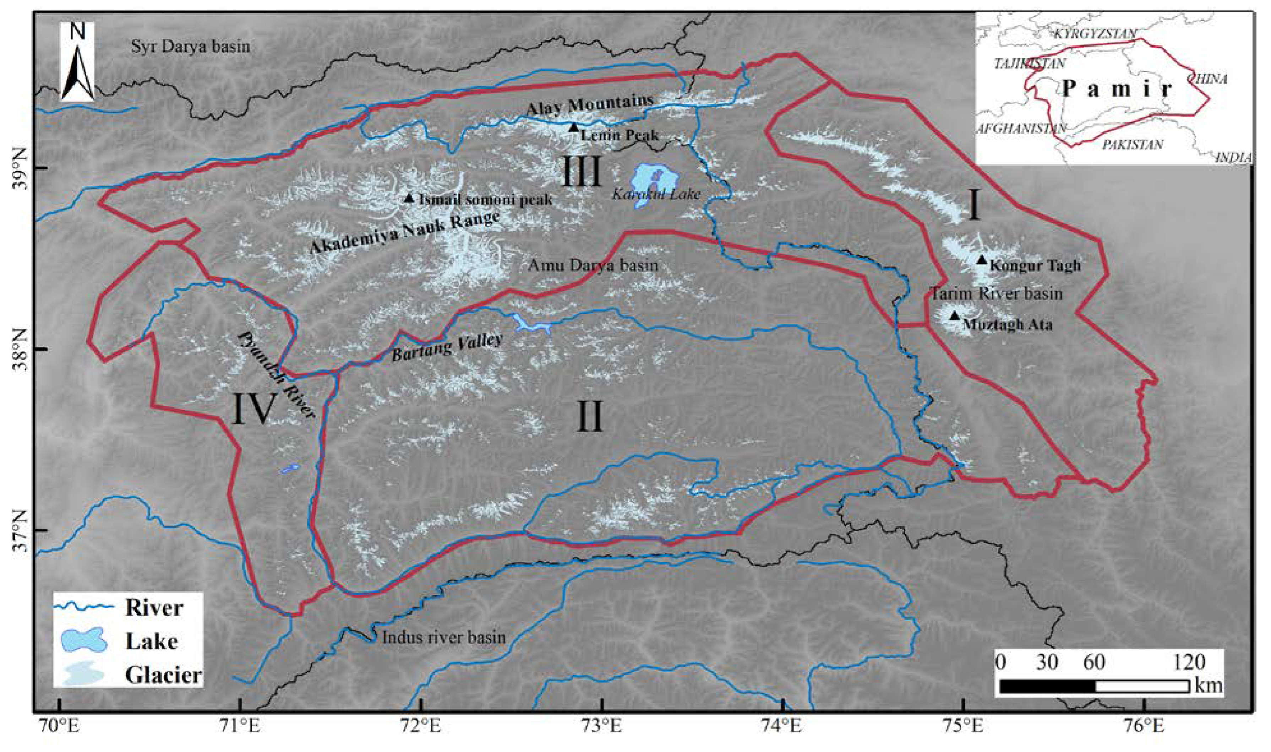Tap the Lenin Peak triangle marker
tap(573, 127)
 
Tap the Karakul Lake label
tap(656, 194)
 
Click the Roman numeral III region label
tap(581, 171)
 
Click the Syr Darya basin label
tap(190, 47)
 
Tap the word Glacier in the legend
tap(164, 676)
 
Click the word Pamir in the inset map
tap(1117, 89)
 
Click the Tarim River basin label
tap(997, 294)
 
